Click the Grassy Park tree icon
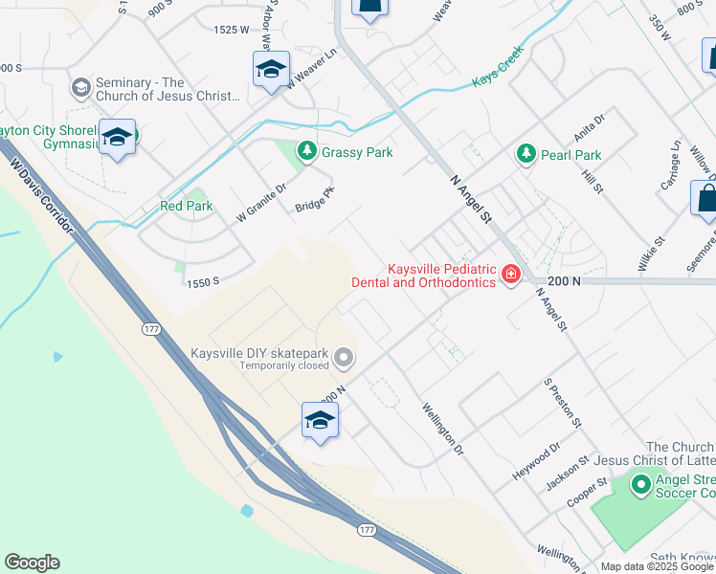click(307, 152)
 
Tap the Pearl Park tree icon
click(526, 154)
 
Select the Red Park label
click(186, 206)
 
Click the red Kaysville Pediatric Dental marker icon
click(511, 276)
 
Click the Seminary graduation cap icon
click(80, 88)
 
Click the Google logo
click(32, 563)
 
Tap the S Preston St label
click(563, 403)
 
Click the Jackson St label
click(564, 475)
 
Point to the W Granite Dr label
click(261, 204)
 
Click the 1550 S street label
click(203, 282)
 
